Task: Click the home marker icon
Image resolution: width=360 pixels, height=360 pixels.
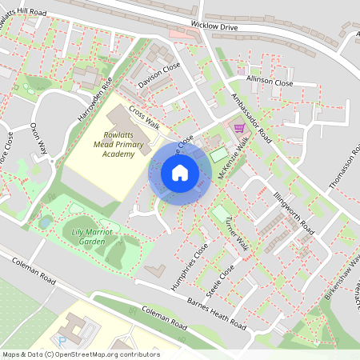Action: tap(180, 172)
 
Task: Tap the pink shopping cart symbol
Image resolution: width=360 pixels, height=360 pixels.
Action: tap(238, 127)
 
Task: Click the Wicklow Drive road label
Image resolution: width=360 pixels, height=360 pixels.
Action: tap(206, 26)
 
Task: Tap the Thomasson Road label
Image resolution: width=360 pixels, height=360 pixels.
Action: tap(343, 167)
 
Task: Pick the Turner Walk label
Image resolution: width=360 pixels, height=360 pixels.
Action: tap(238, 234)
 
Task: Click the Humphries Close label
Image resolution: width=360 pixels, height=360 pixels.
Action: tap(190, 266)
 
